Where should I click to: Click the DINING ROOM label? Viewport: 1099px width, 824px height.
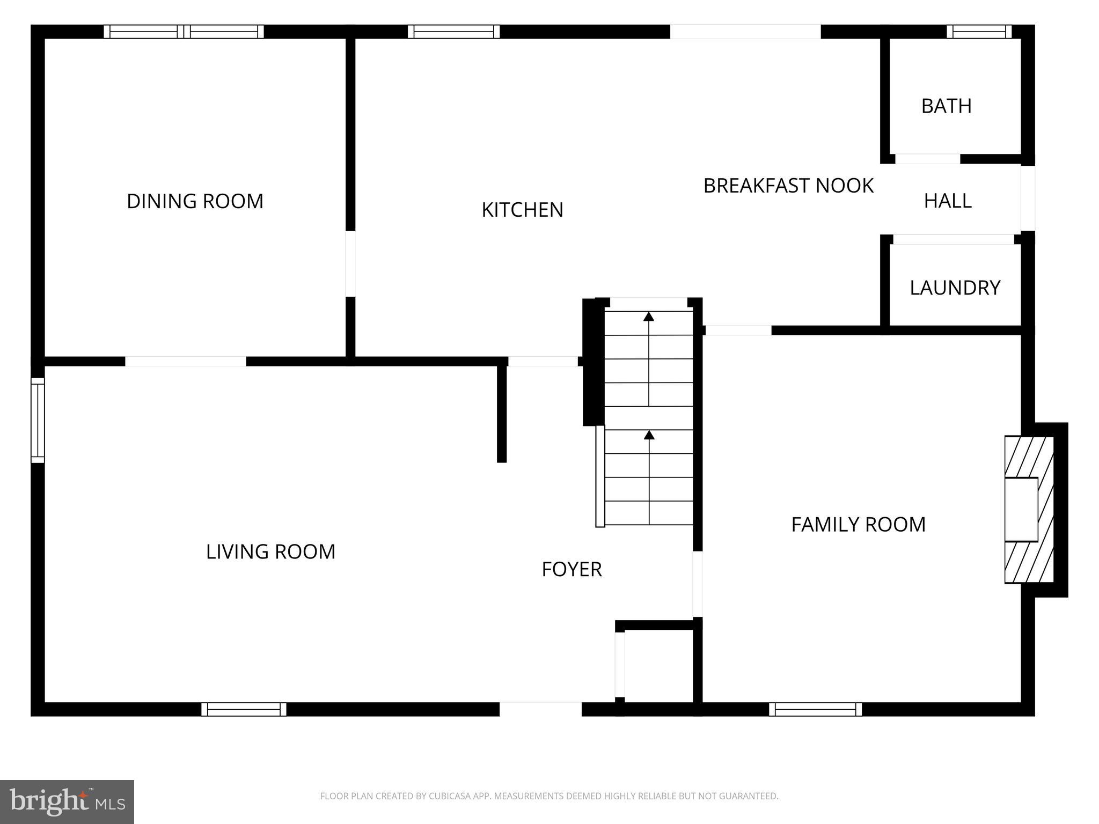(x=195, y=201)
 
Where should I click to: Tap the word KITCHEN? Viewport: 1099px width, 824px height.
(x=522, y=210)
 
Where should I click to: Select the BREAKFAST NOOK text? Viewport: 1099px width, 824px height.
(x=788, y=186)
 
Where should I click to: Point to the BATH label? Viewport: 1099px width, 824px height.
(x=946, y=106)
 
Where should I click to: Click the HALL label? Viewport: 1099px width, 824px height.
(x=948, y=201)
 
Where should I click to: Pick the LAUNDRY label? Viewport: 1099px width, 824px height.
(x=955, y=288)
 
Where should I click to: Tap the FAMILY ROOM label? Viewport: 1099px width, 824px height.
(x=858, y=524)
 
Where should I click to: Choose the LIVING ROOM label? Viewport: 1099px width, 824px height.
(x=270, y=551)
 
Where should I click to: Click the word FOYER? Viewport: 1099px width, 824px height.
(x=572, y=569)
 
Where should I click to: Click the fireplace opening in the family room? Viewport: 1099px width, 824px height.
(x=1021, y=509)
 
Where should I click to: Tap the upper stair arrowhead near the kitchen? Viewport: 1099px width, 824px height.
(x=649, y=316)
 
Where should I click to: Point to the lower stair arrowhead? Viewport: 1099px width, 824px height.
(x=649, y=435)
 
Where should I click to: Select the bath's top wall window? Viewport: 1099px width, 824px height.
(x=979, y=32)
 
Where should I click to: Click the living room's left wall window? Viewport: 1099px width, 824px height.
(x=38, y=420)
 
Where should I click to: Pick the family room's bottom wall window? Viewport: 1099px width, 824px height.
(x=815, y=709)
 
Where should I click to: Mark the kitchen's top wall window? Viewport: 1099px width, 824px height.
(x=453, y=32)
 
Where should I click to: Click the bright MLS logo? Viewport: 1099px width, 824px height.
(x=67, y=801)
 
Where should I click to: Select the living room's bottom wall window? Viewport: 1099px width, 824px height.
(x=244, y=709)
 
